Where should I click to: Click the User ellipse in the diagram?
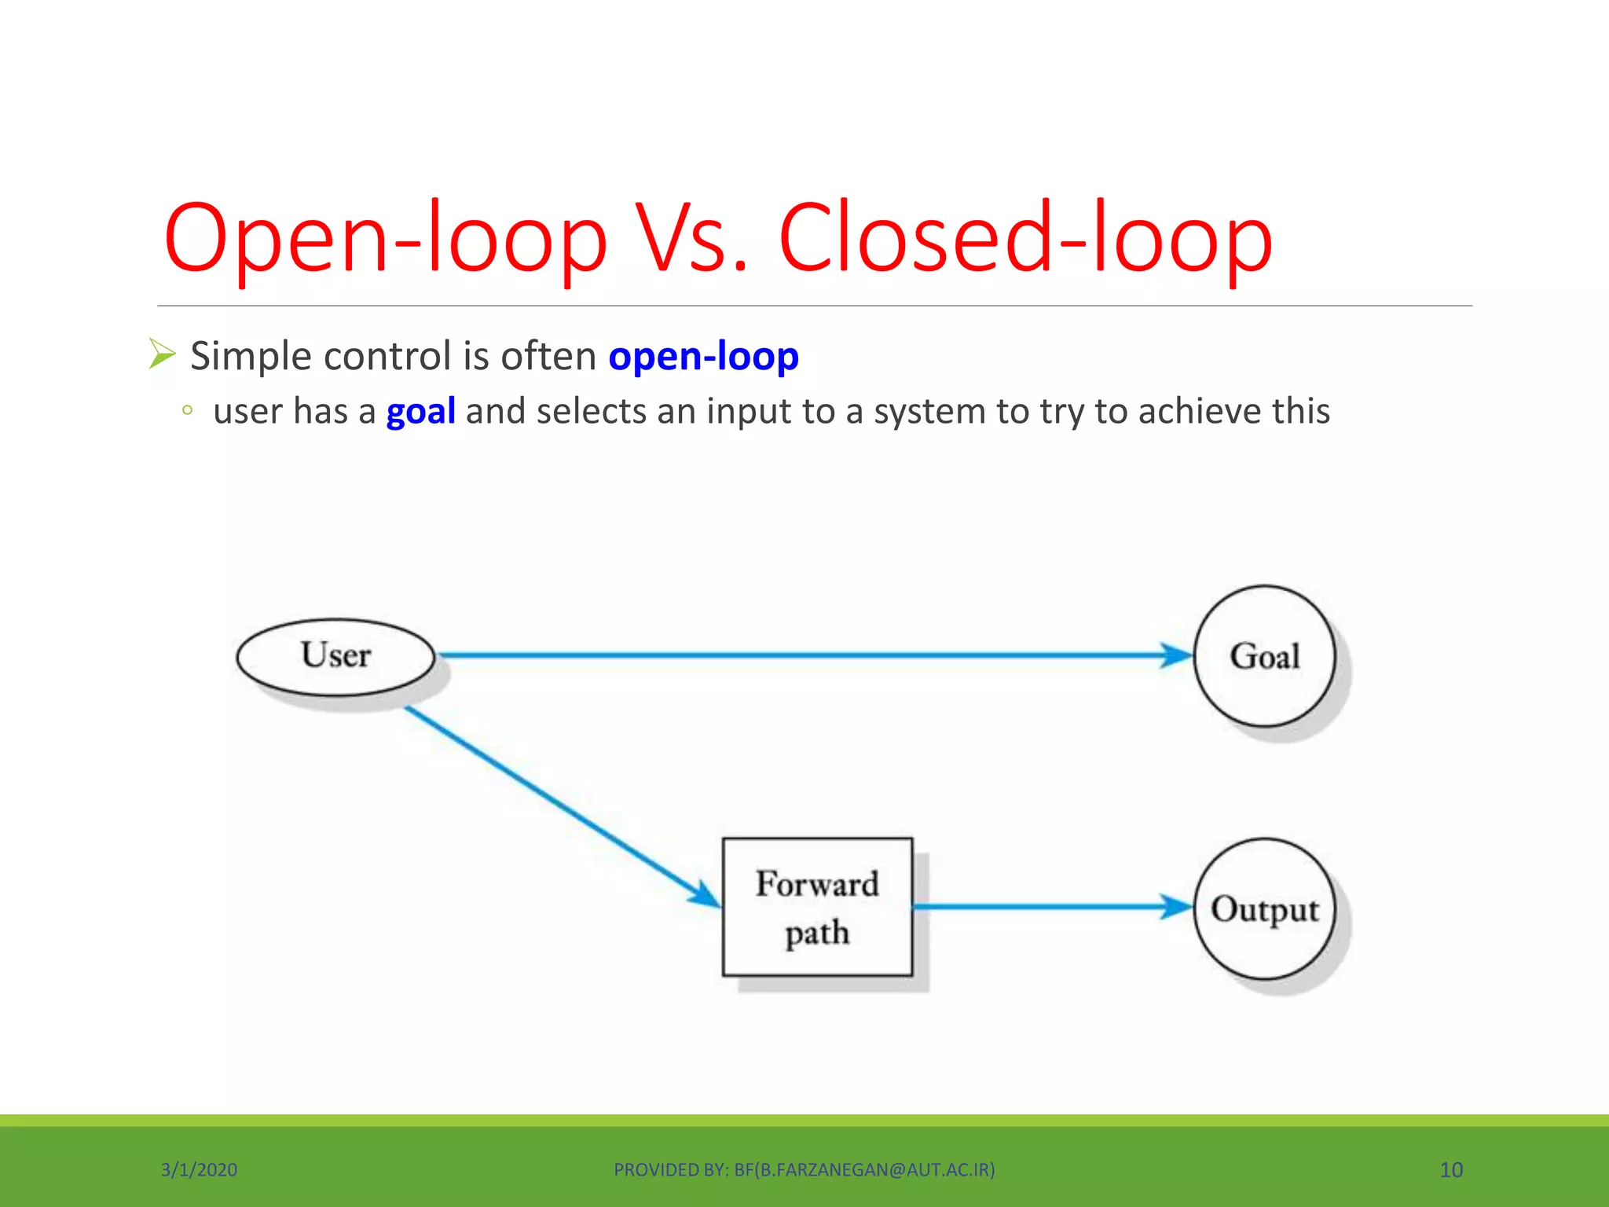335,657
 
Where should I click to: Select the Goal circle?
1264,656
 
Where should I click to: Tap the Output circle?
1264,909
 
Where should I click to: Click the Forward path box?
817,907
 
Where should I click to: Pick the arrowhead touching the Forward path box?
704,896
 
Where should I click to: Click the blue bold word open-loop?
703,356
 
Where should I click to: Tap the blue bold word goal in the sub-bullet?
420,412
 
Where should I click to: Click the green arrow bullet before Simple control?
162,354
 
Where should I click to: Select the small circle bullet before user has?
187,409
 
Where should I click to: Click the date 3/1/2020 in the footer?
199,1170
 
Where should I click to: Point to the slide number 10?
1451,1170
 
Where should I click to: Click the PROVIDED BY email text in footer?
804,1170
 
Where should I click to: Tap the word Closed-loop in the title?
1024,238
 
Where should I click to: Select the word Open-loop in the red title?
385,238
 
